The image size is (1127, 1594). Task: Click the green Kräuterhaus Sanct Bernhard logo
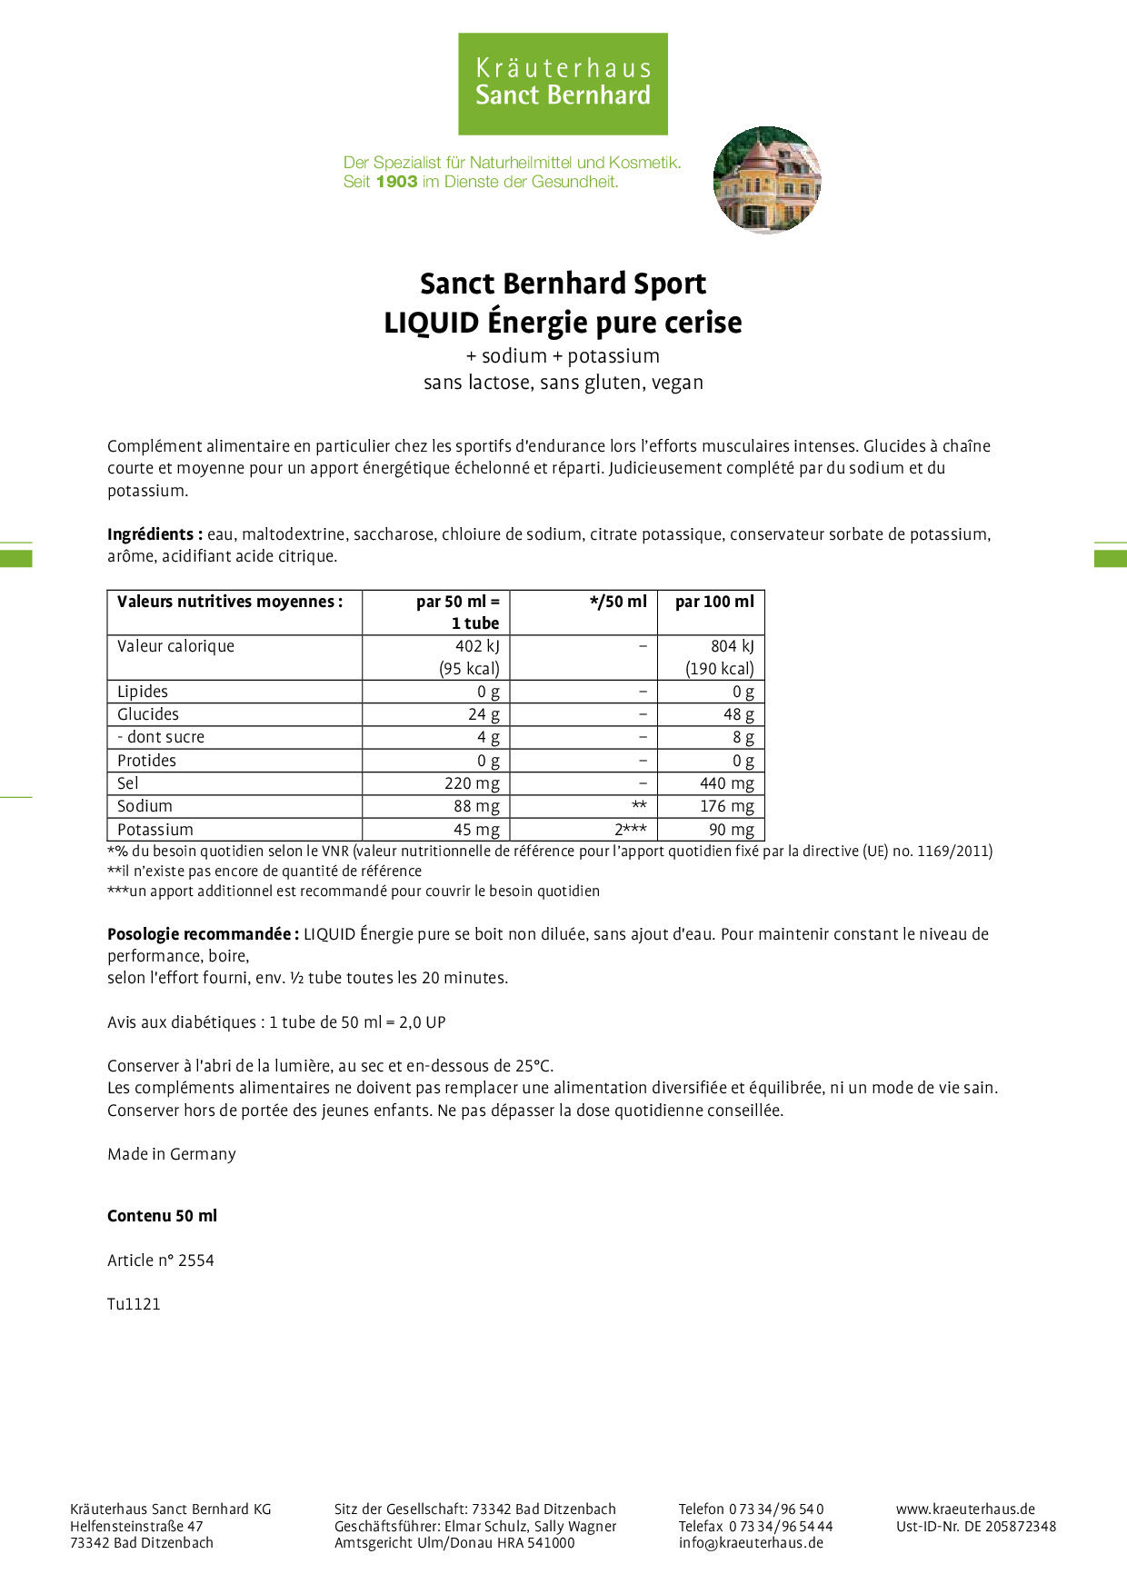pyautogui.click(x=563, y=84)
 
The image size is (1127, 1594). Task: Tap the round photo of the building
pyautogui.click(x=767, y=180)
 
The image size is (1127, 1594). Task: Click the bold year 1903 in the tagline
pyautogui.click(x=396, y=182)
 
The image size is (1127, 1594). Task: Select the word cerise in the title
pyautogui.click(x=702, y=323)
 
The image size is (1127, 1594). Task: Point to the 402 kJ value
pyautogui.click(x=477, y=646)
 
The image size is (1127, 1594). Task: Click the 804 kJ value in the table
pyautogui.click(x=732, y=646)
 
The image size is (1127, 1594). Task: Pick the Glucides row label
pyautogui.click(x=148, y=714)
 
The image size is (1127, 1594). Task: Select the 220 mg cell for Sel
pyautogui.click(x=472, y=783)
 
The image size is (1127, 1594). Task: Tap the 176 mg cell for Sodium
pyautogui.click(x=726, y=806)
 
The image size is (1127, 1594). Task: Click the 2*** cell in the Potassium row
pyautogui.click(x=630, y=830)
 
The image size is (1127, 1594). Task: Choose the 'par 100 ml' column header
pyautogui.click(x=714, y=602)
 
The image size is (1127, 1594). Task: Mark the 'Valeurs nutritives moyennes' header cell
pyautogui.click(x=230, y=602)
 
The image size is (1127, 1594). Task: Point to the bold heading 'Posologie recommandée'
pyautogui.click(x=203, y=934)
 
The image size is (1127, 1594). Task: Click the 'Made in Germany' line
pyautogui.click(x=172, y=1154)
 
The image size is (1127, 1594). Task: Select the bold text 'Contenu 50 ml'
pyautogui.click(x=163, y=1216)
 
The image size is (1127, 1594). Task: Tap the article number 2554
pyautogui.click(x=195, y=1260)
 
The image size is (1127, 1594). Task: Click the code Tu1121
pyautogui.click(x=134, y=1304)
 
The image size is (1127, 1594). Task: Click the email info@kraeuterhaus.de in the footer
pyautogui.click(x=751, y=1542)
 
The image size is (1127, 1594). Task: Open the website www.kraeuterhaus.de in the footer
pyautogui.click(x=965, y=1509)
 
